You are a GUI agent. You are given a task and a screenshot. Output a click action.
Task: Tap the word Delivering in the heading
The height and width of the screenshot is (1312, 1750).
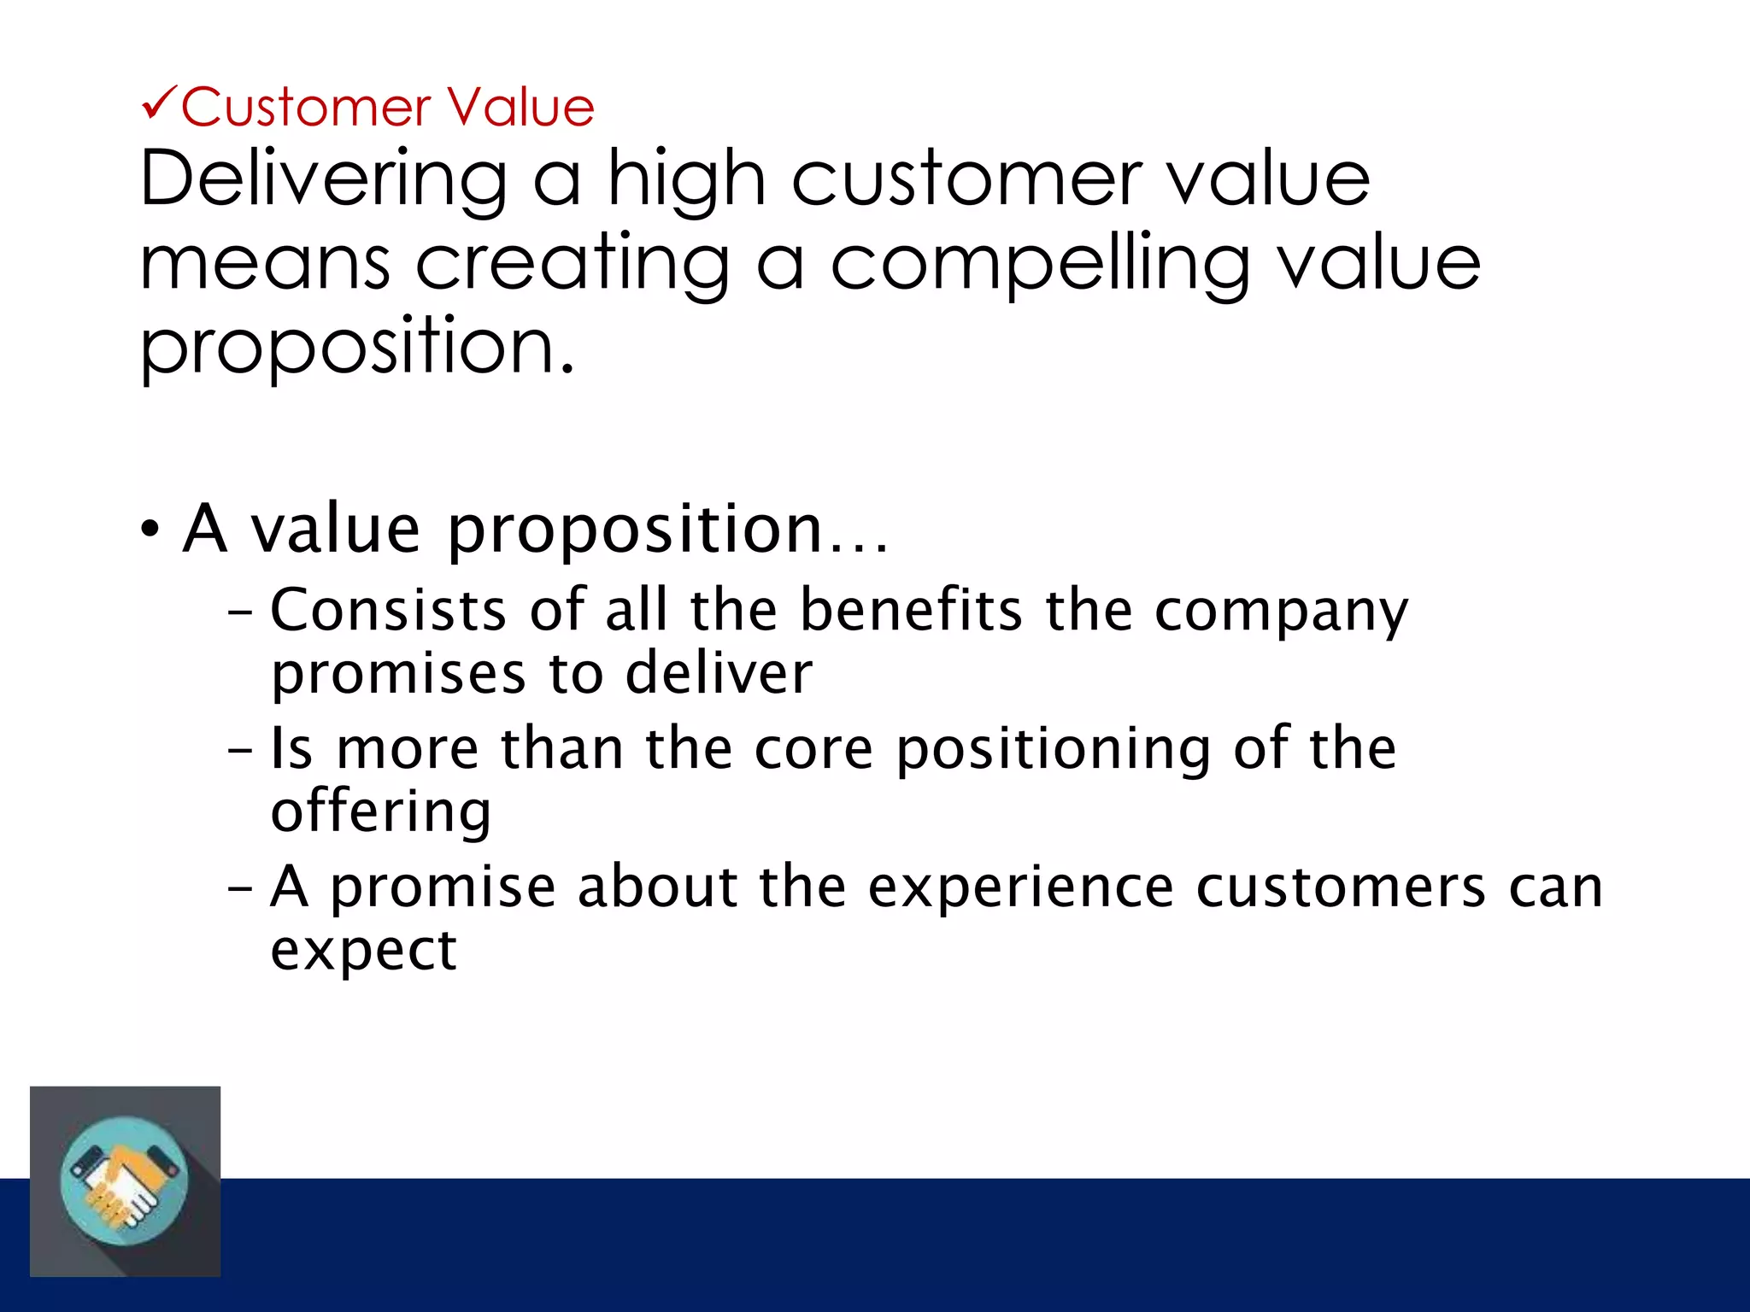[324, 179]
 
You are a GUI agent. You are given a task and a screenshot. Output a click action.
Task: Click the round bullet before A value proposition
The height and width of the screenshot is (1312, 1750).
[150, 530]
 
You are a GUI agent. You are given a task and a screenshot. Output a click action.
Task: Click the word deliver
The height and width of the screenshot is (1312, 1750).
[719, 673]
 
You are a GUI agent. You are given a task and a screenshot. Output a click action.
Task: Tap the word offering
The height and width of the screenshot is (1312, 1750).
[381, 812]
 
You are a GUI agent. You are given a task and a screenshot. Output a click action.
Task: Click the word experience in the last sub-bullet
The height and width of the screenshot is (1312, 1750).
[1020, 888]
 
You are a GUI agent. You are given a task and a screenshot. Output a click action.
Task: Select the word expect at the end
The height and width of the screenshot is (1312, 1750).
[364, 951]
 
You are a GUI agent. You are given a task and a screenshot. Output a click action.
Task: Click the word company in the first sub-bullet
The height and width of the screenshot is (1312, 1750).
[1281, 612]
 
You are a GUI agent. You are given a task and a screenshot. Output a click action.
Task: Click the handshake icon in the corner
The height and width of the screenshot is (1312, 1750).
[125, 1181]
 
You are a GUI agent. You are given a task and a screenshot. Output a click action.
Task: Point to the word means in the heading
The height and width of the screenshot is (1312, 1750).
[266, 265]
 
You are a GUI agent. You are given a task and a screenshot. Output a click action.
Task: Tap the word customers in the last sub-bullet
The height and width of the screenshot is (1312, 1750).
[1341, 887]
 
